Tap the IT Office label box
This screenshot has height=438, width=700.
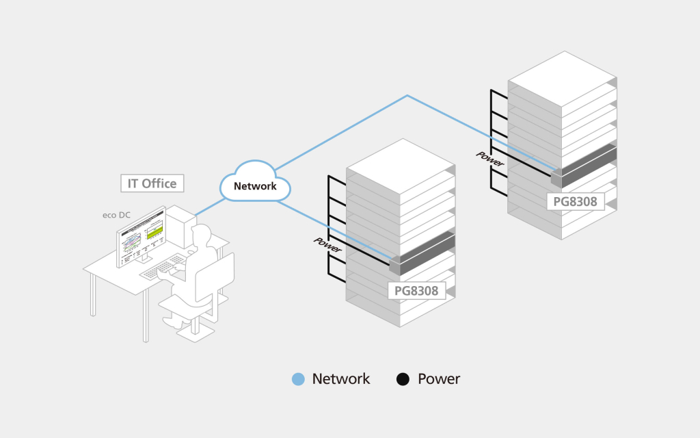pyautogui.click(x=152, y=183)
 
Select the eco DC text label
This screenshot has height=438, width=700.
pyautogui.click(x=116, y=215)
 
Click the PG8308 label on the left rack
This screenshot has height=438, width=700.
pyautogui.click(x=416, y=291)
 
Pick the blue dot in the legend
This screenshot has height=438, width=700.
pyautogui.click(x=298, y=378)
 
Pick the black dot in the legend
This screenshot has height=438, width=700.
pyautogui.click(x=403, y=378)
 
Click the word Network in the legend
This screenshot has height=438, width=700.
pyautogui.click(x=340, y=378)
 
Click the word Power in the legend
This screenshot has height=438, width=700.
pyautogui.click(x=439, y=378)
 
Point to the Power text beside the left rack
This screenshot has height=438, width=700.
pyautogui.click(x=327, y=245)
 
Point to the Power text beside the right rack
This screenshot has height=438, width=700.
pyautogui.click(x=490, y=158)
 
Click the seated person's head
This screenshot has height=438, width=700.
pyautogui.click(x=200, y=237)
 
